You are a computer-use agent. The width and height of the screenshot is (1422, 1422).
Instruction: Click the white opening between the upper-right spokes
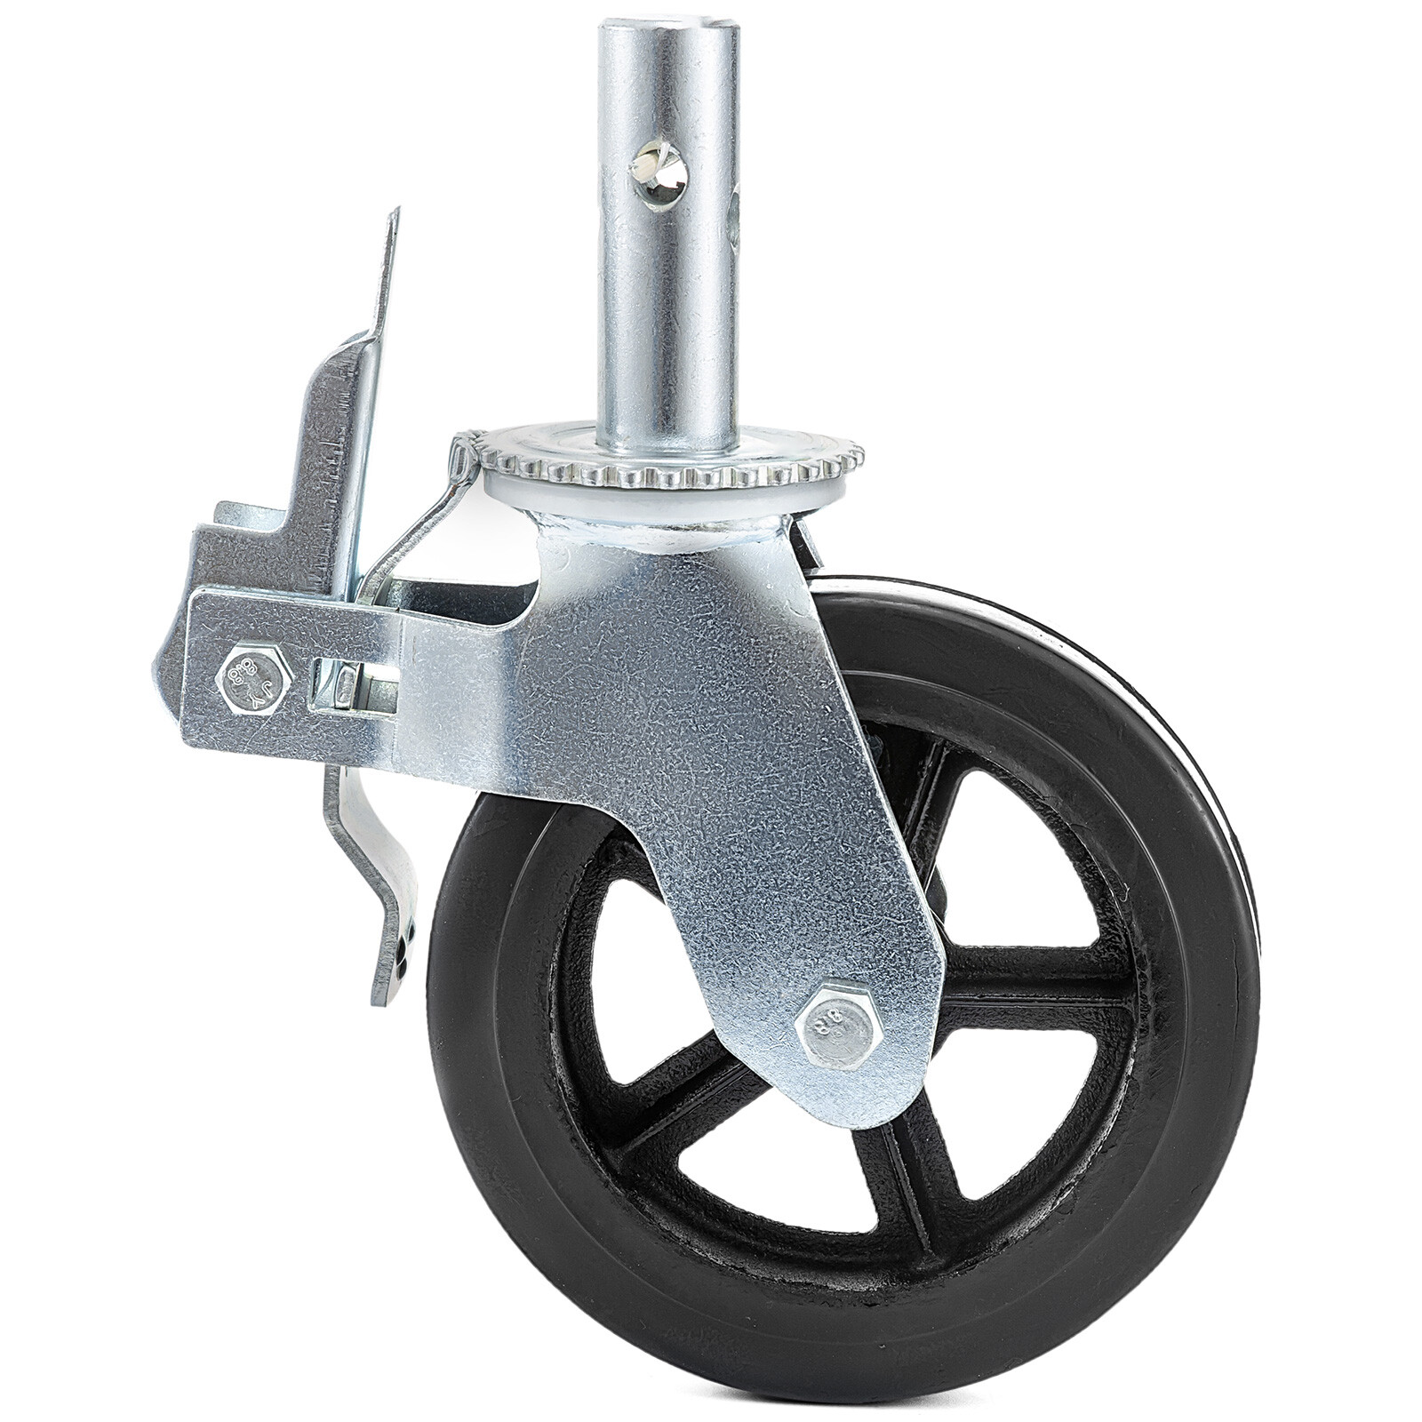[1022, 853]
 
